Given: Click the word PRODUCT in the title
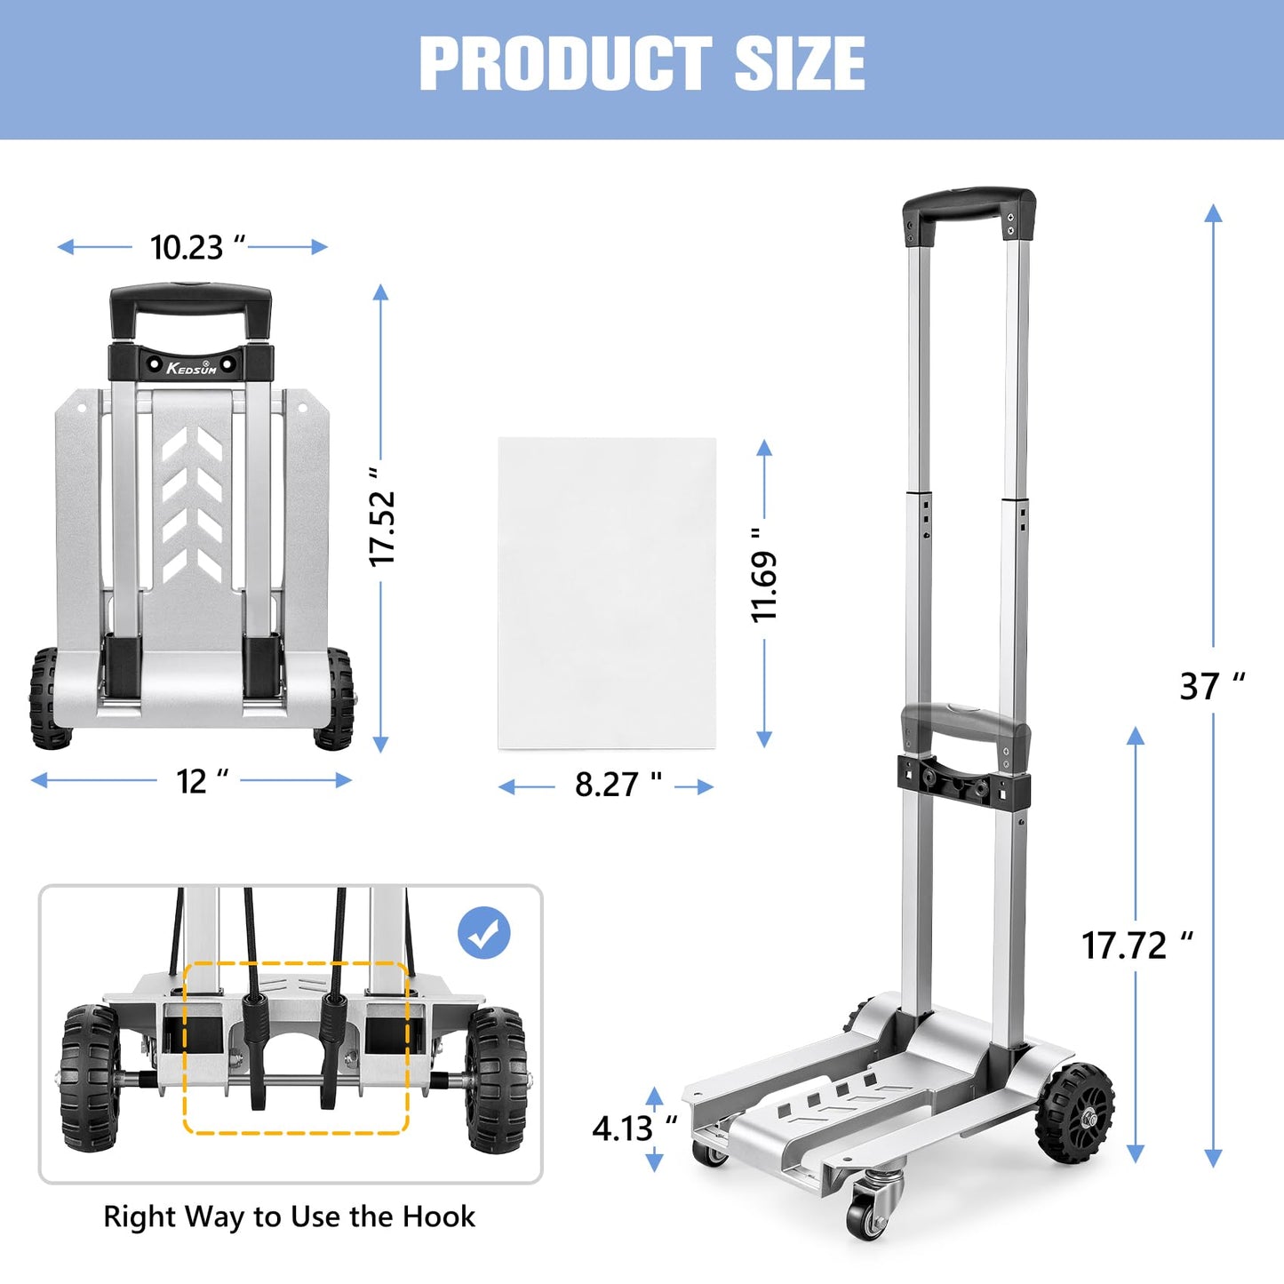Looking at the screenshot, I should pyautogui.click(x=565, y=63).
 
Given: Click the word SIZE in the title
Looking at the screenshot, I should pyautogui.click(x=800, y=63).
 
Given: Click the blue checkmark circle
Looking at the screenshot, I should pyautogui.click(x=483, y=933).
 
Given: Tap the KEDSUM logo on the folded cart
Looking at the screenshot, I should pyautogui.click(x=192, y=366).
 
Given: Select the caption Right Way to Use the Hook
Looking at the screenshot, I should pyautogui.click(x=289, y=1216).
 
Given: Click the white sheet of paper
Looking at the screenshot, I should pyautogui.click(x=607, y=593).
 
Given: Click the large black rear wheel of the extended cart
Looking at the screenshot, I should pyautogui.click(x=1076, y=1112).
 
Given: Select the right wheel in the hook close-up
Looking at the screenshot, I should pyautogui.click(x=494, y=1079).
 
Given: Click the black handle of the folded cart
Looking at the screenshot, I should pyautogui.click(x=190, y=307).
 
